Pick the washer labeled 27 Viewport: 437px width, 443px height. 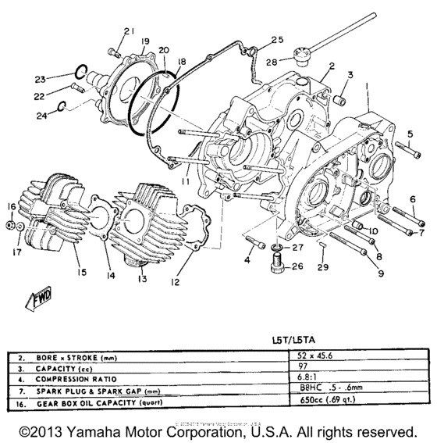tap(278, 250)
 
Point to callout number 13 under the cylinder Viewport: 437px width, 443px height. tap(143, 279)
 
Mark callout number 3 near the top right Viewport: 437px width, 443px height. tap(350, 76)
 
